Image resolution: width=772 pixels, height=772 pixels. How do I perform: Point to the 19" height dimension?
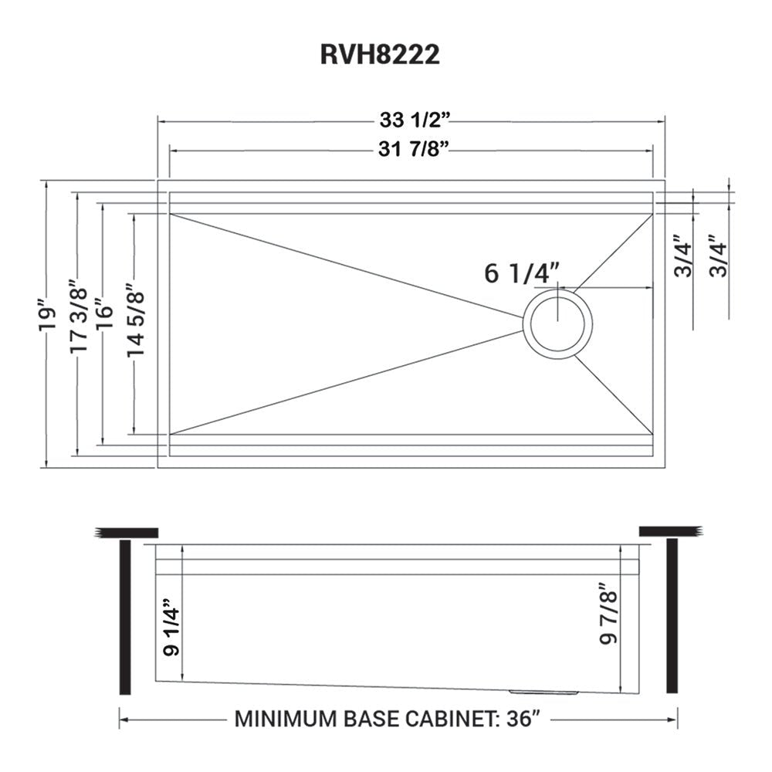point(49,317)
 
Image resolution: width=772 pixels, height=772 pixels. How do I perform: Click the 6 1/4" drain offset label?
point(522,273)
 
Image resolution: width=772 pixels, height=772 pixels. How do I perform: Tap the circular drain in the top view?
point(557,323)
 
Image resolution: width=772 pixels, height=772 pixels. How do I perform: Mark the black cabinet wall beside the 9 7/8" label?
point(671,618)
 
